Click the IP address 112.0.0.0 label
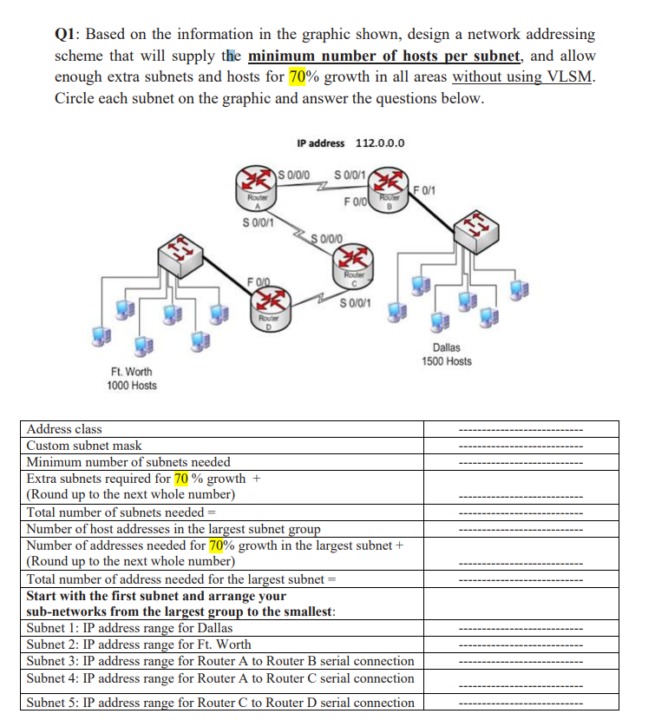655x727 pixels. coord(350,143)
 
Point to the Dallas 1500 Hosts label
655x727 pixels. coord(447,354)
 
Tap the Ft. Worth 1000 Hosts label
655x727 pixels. coord(132,379)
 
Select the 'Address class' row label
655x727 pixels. coord(64,429)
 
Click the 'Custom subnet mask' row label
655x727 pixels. coord(84,446)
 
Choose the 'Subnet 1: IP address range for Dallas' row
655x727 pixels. coord(129,628)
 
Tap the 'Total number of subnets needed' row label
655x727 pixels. coord(116,512)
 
